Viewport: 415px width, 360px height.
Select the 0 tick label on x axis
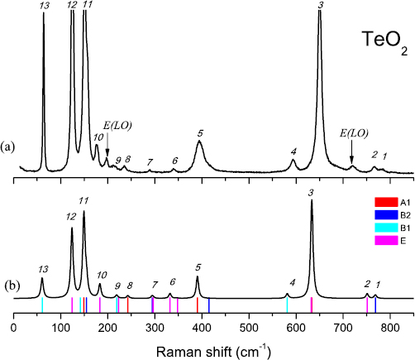(14, 327)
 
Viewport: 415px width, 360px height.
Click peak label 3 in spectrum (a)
(320, 6)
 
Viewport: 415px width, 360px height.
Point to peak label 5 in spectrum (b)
(198, 267)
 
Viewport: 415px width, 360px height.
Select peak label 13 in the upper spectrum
(43, 6)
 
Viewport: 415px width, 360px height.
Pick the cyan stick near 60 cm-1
(42, 305)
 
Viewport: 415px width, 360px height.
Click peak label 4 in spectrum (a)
(293, 151)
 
